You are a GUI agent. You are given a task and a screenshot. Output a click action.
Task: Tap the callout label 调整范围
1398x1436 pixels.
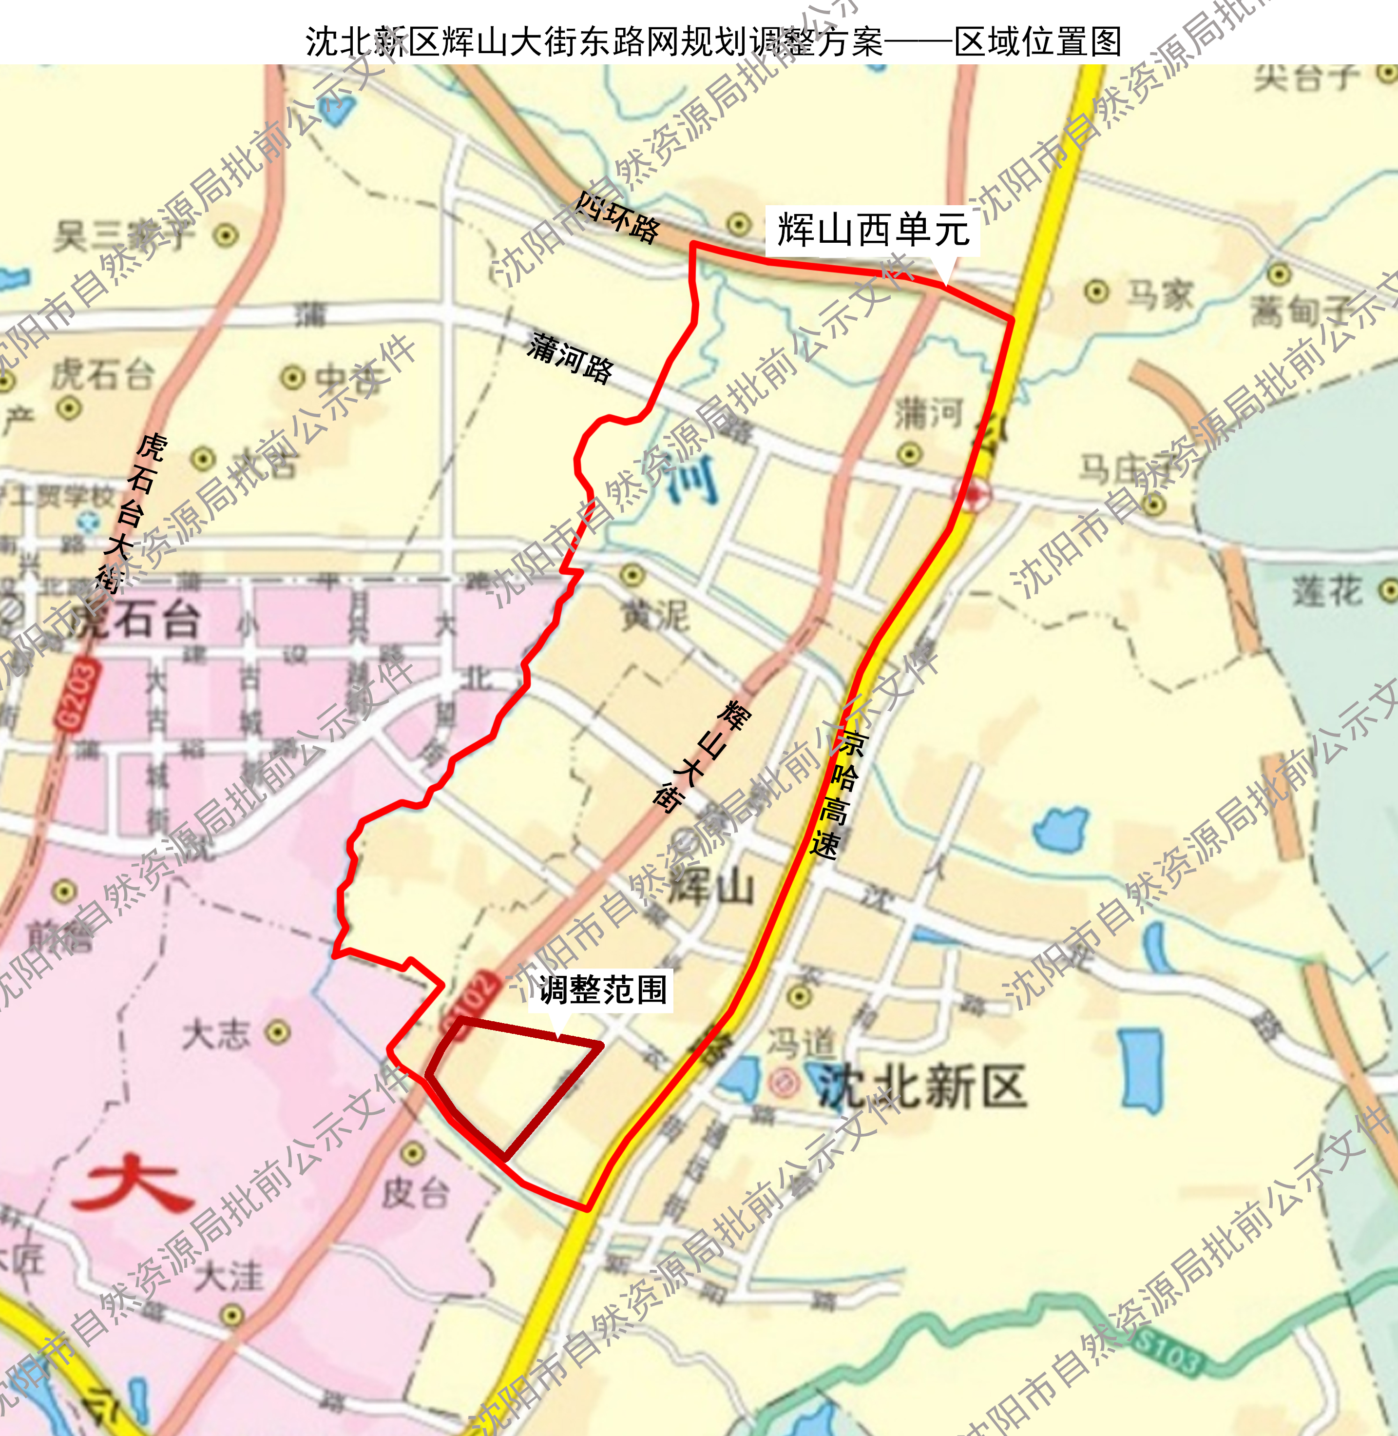click(602, 990)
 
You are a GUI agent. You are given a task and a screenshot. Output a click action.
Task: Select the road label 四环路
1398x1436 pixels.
click(617, 217)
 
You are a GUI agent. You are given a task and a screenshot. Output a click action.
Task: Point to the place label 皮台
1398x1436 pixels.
click(414, 1194)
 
